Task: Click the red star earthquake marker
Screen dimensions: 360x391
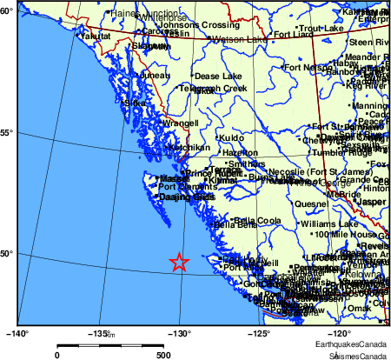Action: click(178, 261)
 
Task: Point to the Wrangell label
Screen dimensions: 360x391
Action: click(181, 123)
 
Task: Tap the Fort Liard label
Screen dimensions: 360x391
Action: click(292, 35)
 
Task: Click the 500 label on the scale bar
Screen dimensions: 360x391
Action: click(162, 354)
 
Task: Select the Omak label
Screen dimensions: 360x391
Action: click(359, 308)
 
